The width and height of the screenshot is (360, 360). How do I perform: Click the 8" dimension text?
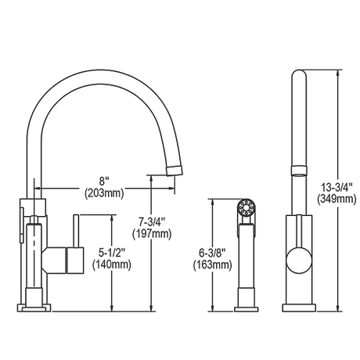pos(104,181)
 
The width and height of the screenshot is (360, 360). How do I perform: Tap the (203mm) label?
pos(104,193)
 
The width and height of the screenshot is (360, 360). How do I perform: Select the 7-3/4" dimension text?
pos(152,222)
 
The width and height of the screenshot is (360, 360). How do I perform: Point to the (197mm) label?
pos(152,234)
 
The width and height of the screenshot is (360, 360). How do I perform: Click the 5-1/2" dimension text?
pos(112,252)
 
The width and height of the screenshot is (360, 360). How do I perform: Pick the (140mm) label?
pos(112,265)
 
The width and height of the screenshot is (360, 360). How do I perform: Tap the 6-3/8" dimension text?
pos(212,253)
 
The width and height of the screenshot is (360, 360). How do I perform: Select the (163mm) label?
pos(212,265)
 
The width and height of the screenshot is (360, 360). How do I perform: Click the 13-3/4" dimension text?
pos(337,187)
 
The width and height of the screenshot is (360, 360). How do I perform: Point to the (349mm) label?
pos(337,200)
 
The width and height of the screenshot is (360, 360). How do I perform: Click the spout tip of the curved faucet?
pos(175,171)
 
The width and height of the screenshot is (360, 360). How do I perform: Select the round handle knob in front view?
pos(299,261)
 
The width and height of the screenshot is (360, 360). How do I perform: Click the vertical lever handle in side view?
pos(76,231)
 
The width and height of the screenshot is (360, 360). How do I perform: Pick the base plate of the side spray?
pos(247,309)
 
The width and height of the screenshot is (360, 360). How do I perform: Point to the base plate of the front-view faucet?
pos(299,308)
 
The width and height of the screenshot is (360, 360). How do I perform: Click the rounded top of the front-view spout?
pos(299,74)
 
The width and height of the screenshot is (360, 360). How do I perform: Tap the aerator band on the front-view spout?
pos(299,171)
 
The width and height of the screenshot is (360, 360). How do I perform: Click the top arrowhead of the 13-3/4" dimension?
pos(338,73)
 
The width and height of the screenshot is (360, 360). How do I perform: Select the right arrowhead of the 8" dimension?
pos(171,188)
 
